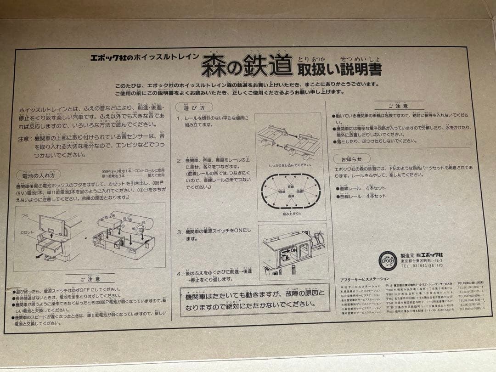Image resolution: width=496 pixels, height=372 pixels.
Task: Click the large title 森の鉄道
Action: coord(246,66)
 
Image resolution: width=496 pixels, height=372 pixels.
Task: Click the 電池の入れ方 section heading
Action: coord(38,175)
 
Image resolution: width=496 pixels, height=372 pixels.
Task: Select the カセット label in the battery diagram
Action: coord(27,232)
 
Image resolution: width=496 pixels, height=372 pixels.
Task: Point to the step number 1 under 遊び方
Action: coord(180,118)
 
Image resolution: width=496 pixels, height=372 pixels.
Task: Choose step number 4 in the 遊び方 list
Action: coord(180,274)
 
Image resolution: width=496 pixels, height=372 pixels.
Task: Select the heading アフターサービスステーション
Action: coord(364,279)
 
